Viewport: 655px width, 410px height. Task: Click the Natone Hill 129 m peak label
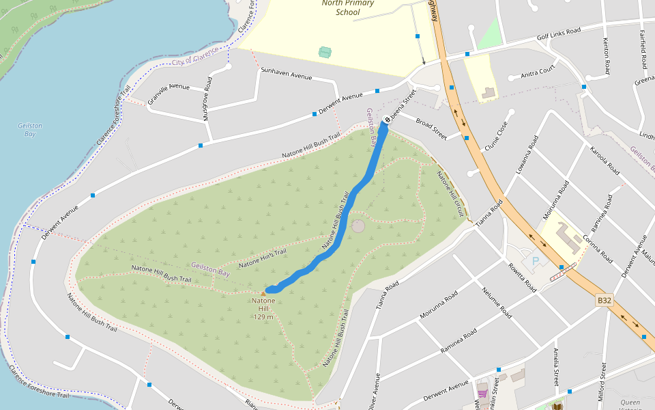pos(263,308)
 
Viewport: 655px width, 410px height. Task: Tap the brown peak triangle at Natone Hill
pos(263,294)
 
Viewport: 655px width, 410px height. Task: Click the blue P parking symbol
pos(536,260)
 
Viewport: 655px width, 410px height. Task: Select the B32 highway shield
pos(604,300)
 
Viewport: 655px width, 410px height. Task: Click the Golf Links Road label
pos(558,33)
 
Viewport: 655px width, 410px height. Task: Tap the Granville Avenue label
pos(169,90)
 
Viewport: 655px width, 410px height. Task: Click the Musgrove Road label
pos(207,99)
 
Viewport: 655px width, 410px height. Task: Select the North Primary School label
pos(347,8)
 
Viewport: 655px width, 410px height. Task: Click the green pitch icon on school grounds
pos(325,52)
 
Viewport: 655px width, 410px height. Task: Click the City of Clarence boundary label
pos(196,57)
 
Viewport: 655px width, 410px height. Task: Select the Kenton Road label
pos(606,56)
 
